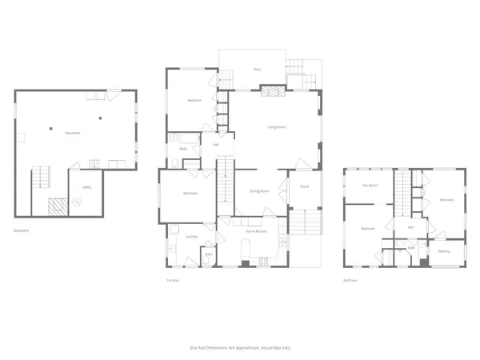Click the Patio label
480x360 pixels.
257,70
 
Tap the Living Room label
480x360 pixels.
278,126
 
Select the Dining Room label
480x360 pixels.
258,191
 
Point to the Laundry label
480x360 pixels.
192,237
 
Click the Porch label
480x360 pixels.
305,186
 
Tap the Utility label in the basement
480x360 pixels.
85,188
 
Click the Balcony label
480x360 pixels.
443,252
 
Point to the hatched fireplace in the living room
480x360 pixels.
274,91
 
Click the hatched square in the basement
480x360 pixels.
57,207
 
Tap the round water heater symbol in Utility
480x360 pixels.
78,202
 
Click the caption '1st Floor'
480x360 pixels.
170,280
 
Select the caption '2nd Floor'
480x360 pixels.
350,280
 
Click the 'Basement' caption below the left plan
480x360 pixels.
21,230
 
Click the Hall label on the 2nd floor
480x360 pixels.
410,227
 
